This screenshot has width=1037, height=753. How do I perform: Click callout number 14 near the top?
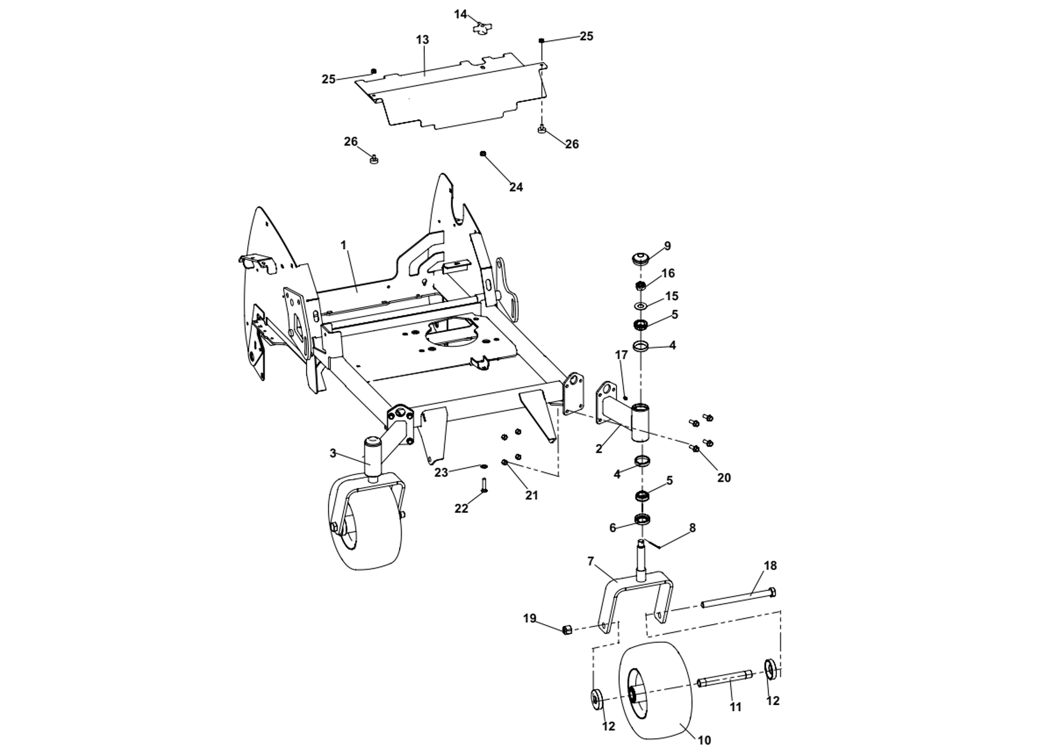tap(460, 14)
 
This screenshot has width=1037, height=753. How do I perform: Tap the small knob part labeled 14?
tap(479, 28)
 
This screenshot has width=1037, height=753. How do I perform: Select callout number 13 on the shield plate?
tap(423, 40)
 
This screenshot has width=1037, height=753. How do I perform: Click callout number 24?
tap(516, 187)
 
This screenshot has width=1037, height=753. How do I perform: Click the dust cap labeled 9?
tap(641, 258)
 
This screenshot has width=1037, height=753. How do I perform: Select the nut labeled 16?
tap(641, 286)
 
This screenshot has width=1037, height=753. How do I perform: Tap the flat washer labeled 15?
tap(640, 305)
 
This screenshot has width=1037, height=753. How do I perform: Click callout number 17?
tap(621, 355)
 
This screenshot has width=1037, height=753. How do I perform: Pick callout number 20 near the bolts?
tap(724, 478)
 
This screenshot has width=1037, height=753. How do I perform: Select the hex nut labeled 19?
tap(567, 630)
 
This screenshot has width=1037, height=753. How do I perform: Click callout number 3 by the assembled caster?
tap(333, 453)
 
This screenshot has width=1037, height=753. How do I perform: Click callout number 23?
tap(441, 472)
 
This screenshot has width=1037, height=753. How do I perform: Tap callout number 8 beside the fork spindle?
tap(692, 528)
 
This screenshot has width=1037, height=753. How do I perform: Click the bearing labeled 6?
tap(643, 519)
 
